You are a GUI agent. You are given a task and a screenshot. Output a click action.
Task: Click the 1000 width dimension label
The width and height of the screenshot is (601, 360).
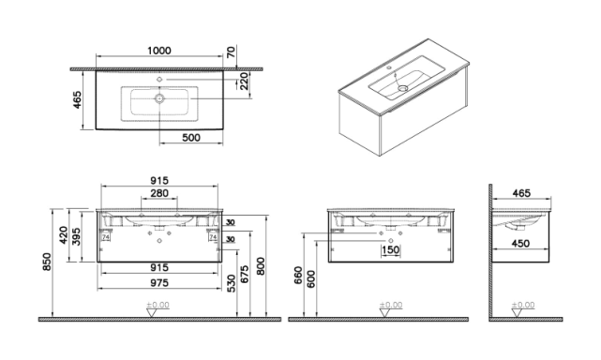point(159,51)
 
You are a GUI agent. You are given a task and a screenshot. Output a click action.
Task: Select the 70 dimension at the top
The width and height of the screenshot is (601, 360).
point(232,52)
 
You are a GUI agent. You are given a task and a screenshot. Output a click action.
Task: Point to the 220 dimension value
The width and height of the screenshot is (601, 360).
point(244,82)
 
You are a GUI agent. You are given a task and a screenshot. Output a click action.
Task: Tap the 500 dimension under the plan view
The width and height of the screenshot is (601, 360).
point(191,137)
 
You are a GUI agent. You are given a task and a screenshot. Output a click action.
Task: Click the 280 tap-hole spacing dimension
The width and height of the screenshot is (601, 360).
point(159,193)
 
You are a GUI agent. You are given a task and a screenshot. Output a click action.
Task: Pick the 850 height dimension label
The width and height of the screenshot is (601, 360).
point(47,262)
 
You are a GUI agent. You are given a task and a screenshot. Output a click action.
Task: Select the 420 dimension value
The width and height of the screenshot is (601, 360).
point(64,235)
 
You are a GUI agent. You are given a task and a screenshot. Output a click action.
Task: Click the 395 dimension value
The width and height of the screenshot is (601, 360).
point(76,236)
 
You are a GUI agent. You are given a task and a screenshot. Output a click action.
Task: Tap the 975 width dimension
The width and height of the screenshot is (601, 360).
point(159,283)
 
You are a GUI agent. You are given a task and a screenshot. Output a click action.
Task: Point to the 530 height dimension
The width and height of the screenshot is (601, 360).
point(232,283)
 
